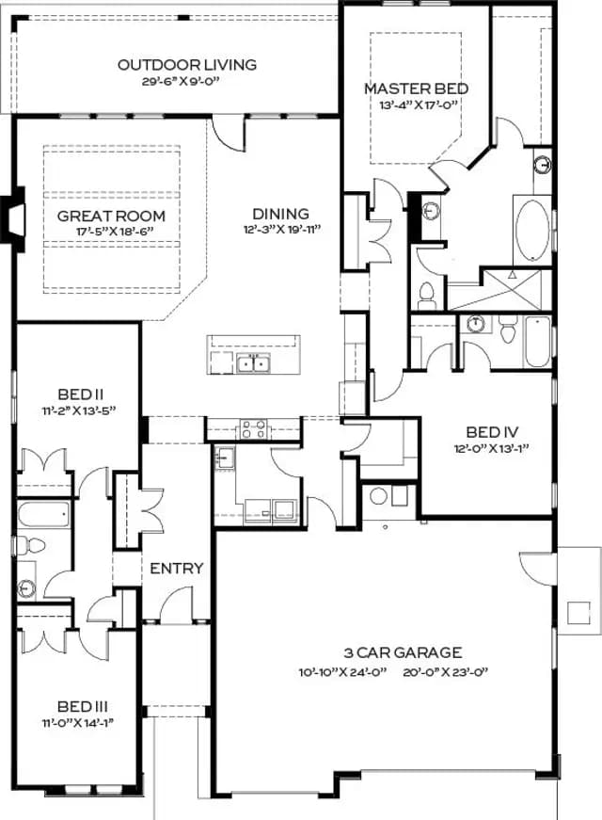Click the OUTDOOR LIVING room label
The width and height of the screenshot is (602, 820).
tap(187, 65)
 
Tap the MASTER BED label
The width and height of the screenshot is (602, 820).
tap(417, 88)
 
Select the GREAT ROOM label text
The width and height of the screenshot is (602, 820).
tap(111, 216)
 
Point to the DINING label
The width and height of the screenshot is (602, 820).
tap(280, 214)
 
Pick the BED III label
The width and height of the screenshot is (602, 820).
tap(83, 706)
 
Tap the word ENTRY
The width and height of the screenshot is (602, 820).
tap(177, 568)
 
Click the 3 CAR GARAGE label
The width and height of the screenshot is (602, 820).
tap(403, 652)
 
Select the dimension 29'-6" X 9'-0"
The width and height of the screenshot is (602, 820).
tap(180, 82)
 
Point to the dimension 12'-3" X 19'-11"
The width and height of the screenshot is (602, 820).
tap(281, 229)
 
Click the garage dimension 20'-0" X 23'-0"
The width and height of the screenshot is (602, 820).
tap(445, 672)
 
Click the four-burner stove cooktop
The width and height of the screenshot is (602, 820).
tap(253, 429)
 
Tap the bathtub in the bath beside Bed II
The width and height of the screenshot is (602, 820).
tap(44, 515)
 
